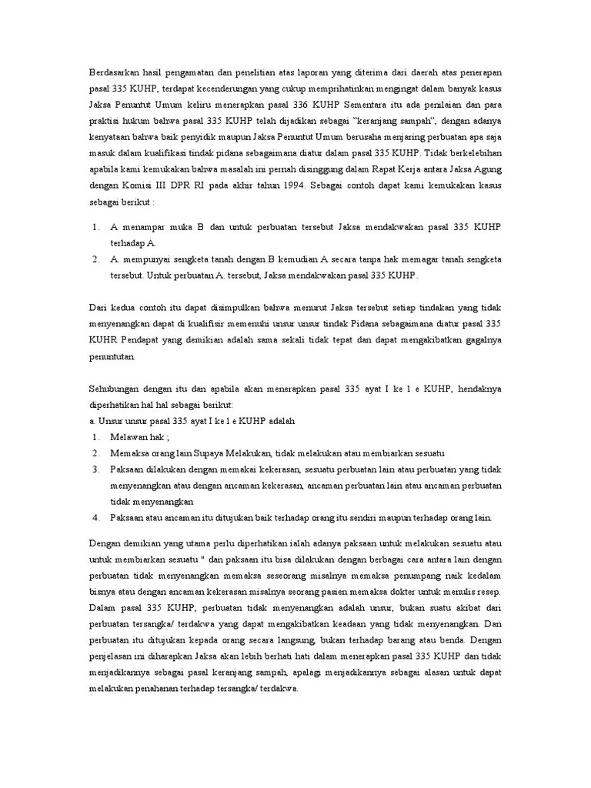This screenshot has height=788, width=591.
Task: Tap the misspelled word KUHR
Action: tap(104, 339)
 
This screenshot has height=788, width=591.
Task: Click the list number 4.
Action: tap(95, 518)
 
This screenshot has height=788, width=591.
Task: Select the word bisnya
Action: tap(103, 592)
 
